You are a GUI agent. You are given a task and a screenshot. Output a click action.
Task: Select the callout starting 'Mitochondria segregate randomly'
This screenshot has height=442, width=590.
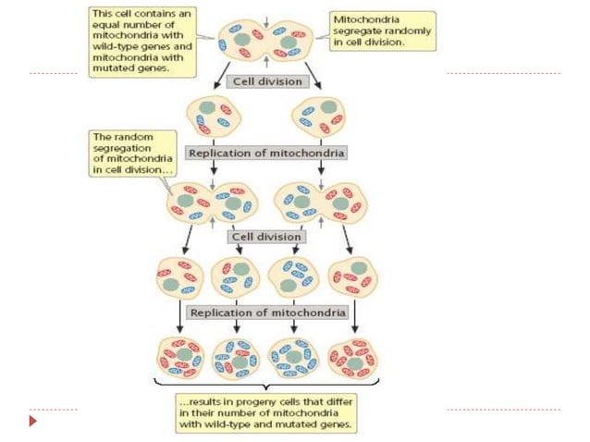pyautogui.click(x=382, y=30)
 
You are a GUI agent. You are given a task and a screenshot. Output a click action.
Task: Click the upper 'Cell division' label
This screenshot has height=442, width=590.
pyautogui.click(x=266, y=81)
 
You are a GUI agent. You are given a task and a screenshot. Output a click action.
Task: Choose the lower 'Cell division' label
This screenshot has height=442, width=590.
pyautogui.click(x=266, y=236)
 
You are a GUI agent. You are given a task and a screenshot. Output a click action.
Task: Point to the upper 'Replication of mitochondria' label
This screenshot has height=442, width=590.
pyautogui.click(x=266, y=152)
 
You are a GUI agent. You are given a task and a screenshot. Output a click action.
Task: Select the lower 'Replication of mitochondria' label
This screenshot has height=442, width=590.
pyautogui.click(x=266, y=313)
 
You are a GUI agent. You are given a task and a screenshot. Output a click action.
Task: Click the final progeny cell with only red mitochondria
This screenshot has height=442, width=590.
pyautogui.click(x=351, y=356)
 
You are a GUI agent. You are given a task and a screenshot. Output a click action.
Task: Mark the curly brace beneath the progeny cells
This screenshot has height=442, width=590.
pyautogui.click(x=266, y=384)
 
